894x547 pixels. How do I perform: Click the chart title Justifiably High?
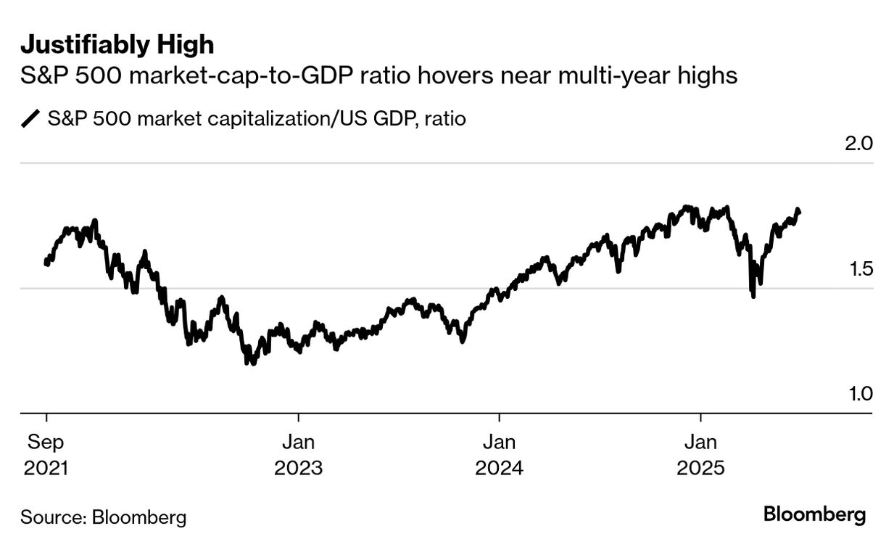(x=117, y=45)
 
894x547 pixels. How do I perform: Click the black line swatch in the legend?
(x=31, y=118)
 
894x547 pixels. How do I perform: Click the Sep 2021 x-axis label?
(x=46, y=455)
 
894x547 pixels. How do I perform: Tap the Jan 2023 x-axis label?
(x=298, y=455)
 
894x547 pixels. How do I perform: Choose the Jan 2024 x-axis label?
(x=499, y=455)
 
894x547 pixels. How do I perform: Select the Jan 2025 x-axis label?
(x=700, y=455)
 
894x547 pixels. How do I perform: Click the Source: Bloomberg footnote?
(x=103, y=517)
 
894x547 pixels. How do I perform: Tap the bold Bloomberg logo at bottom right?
(x=814, y=515)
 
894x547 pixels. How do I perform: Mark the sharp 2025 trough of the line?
(x=754, y=296)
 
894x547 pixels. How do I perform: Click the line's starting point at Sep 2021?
(x=46, y=263)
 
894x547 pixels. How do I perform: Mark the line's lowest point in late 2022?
(x=250, y=363)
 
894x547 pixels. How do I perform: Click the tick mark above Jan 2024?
(x=499, y=418)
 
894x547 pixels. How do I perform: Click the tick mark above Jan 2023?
(x=298, y=418)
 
